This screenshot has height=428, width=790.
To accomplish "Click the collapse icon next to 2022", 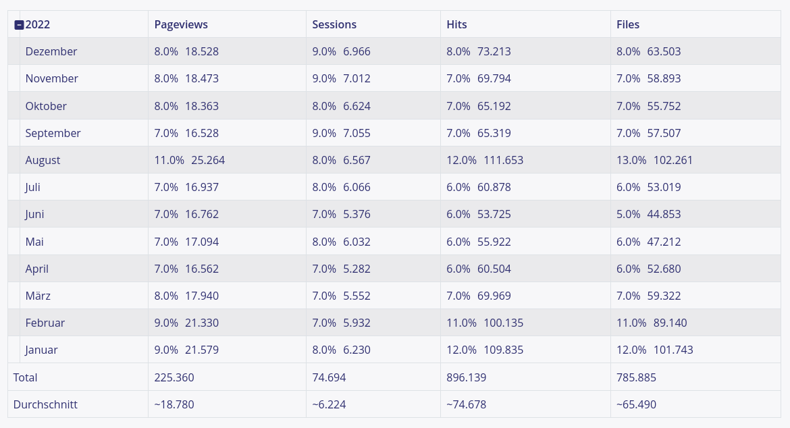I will pos(19,25).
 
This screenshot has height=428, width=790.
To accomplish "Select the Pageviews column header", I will pos(181,25).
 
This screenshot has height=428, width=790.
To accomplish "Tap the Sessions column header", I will pos(334,25).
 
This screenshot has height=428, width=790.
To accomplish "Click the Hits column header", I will pos(456,25).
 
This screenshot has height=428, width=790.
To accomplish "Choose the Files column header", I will pos(628,25).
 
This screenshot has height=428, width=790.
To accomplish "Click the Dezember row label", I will pos(51,52).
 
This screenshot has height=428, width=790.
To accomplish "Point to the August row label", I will pos(43,161).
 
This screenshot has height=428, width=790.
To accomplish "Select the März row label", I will pos(38,296).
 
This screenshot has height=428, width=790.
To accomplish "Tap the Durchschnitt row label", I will pos(45,405).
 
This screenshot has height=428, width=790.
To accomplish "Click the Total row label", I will pos(26,378).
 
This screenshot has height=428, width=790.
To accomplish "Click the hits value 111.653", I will pos(503,161).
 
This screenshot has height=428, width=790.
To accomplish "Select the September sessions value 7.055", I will pos(357,134).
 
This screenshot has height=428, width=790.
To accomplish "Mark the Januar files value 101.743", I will pos(673,350).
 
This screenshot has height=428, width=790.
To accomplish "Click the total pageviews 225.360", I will pos(174,378).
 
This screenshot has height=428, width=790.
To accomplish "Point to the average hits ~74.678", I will pos(467,405).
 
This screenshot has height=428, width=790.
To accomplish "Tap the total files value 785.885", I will pos(636,378).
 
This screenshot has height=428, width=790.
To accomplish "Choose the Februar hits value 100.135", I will pos(503,323).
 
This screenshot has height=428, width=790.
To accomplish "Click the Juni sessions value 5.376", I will pos(357,215).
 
